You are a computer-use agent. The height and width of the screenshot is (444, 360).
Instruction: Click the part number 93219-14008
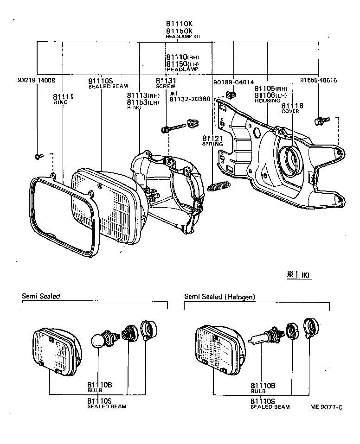[35, 80]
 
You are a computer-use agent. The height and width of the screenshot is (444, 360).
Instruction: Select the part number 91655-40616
[318, 80]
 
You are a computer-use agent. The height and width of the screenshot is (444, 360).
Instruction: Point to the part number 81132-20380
[190, 99]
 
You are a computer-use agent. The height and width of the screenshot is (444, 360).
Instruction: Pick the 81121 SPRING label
[212, 141]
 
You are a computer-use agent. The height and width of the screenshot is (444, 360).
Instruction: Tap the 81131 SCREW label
[166, 82]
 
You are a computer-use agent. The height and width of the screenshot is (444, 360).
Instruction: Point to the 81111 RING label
[64, 99]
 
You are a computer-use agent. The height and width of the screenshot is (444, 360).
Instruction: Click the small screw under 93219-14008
[39, 156]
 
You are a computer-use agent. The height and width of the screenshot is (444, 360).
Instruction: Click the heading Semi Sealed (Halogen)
[219, 297]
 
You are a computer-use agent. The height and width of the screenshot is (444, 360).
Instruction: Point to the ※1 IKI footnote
[299, 275]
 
